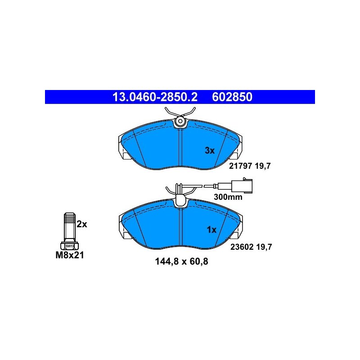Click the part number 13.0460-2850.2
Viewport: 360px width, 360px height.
coord(155,97)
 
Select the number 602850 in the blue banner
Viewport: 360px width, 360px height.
coord(232,97)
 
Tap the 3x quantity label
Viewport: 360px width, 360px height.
coord(210,151)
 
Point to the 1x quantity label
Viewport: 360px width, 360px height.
coord(211,229)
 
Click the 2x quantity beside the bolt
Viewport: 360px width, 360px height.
coord(82,224)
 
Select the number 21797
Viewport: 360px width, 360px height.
coord(241,166)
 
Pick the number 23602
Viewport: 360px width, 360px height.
coord(242,247)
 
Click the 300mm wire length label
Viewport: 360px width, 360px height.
coord(228,197)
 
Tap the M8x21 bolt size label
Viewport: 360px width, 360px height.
coord(70,255)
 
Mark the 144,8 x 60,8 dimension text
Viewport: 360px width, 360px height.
coord(182,261)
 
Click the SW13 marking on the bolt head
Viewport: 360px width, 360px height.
coord(70,246)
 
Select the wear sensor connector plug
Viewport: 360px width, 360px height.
coord(242,185)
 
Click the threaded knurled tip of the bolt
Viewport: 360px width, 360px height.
coord(70,219)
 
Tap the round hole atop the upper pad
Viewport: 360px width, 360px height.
coord(180,121)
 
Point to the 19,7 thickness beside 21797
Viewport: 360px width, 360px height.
coord(263,166)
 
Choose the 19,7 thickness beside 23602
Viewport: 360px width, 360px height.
coord(264,247)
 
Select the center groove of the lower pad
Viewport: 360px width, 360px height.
coord(180,227)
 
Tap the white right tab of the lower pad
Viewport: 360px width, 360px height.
coord(235,235)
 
